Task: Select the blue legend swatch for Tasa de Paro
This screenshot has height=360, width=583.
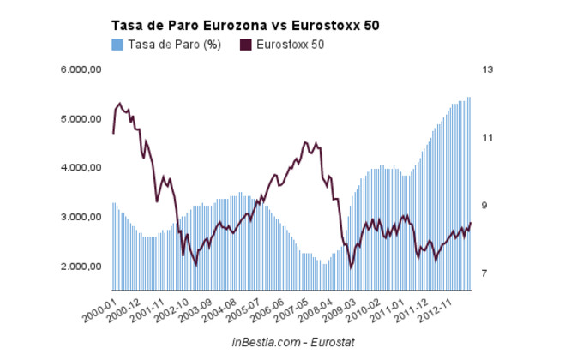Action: [117, 45]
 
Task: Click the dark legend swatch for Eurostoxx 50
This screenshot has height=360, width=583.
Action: [247, 45]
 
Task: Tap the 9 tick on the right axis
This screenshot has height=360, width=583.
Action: [486, 206]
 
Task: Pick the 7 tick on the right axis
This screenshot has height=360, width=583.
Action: [486, 273]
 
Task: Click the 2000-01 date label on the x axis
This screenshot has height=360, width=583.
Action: [100, 309]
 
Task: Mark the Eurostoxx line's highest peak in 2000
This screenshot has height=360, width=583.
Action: [119, 104]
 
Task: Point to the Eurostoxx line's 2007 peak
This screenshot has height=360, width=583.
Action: [305, 142]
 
